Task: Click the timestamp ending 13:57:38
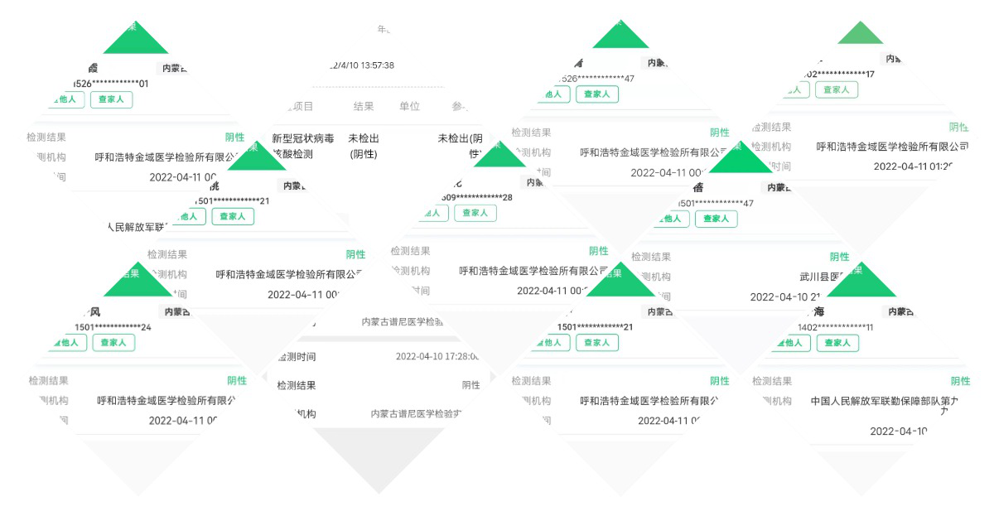[x=362, y=65]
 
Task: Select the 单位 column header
[x=409, y=106]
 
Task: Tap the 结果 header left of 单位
[x=364, y=106]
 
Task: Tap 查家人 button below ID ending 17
[x=836, y=89]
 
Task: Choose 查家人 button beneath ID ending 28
[x=475, y=213]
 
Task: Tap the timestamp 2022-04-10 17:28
[x=437, y=357]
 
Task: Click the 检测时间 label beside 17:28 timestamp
[x=296, y=357]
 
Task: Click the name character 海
[x=819, y=311]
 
